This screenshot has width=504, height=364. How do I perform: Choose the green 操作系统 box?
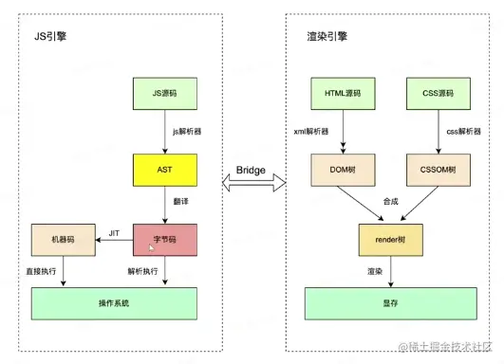click(113, 302)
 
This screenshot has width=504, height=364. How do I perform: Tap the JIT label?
click(115, 231)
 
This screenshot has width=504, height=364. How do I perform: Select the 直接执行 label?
click(41, 271)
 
